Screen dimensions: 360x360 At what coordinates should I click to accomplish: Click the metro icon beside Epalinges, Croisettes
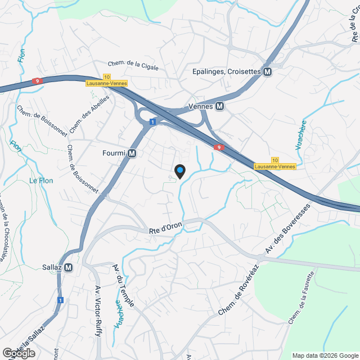(268, 72)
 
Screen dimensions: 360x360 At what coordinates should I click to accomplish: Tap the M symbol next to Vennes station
(220, 106)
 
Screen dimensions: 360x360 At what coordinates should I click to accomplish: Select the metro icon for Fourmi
(132, 153)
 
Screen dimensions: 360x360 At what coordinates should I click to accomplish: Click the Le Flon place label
(40, 181)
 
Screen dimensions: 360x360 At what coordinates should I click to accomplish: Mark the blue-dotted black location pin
(179, 170)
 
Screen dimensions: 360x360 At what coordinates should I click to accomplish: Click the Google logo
(19, 353)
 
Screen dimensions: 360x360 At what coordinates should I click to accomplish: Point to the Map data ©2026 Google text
(325, 355)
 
